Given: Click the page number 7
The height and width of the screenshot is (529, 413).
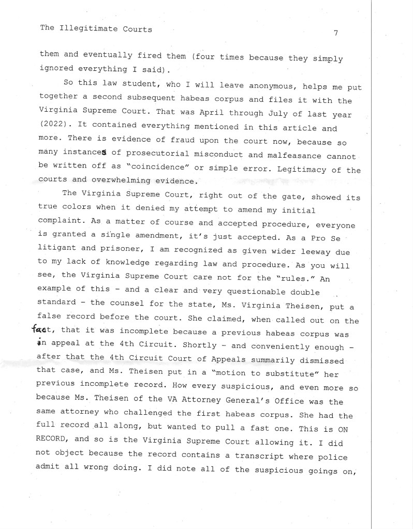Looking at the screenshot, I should tap(336, 33).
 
